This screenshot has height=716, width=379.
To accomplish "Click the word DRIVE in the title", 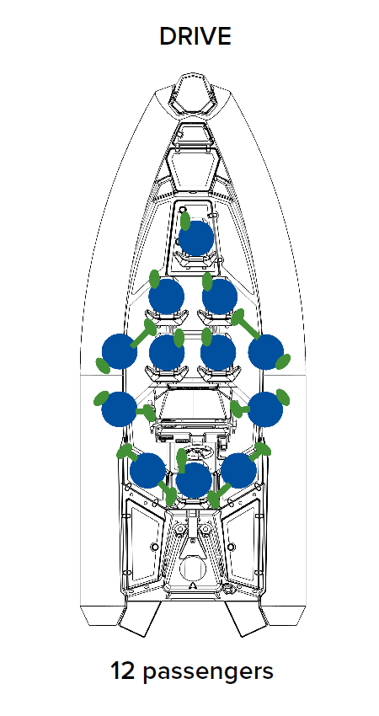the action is point(195,36).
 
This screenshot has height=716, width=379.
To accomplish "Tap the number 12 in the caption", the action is point(122,671).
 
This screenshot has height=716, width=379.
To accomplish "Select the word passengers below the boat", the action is point(208,673).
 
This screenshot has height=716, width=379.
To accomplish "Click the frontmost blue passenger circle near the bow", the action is point(196,238).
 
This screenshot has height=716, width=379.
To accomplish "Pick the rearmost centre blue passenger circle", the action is point(194,480).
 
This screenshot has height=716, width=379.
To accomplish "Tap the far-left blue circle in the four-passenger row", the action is point(120,351).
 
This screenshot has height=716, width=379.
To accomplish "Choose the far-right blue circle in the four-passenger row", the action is point(266,351).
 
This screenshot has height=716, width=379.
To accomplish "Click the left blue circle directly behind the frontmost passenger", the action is point(166,297).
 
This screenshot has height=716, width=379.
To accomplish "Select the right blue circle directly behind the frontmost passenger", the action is point(220,297).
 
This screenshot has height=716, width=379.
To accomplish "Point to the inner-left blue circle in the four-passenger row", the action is point(167,352).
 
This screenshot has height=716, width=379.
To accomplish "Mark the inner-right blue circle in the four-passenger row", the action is point(218,352).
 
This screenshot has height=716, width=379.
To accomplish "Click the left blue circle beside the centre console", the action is point(119,409).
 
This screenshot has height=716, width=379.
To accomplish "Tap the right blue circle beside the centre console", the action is point(265,409).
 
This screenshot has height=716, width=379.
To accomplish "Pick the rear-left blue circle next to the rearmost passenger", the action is point(147,470).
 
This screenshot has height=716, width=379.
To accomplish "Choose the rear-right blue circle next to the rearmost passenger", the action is point(239,470).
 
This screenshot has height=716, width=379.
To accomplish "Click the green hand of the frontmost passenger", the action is point(185,221).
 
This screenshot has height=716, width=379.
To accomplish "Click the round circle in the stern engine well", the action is point(194,569).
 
